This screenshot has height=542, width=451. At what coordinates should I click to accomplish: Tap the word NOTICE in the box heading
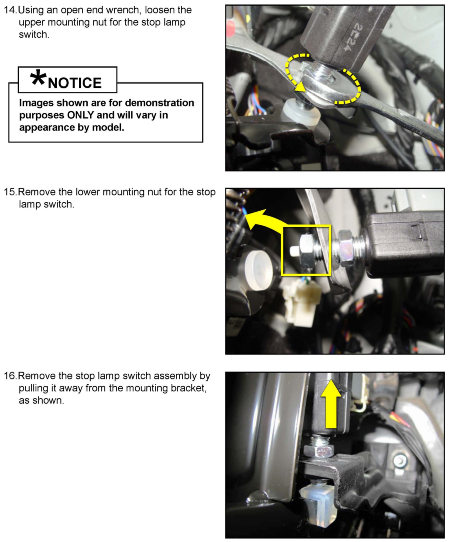click(75, 83)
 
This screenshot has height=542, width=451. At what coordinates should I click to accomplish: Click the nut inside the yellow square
click(307, 251)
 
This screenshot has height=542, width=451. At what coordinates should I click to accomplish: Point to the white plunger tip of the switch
click(294, 251)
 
